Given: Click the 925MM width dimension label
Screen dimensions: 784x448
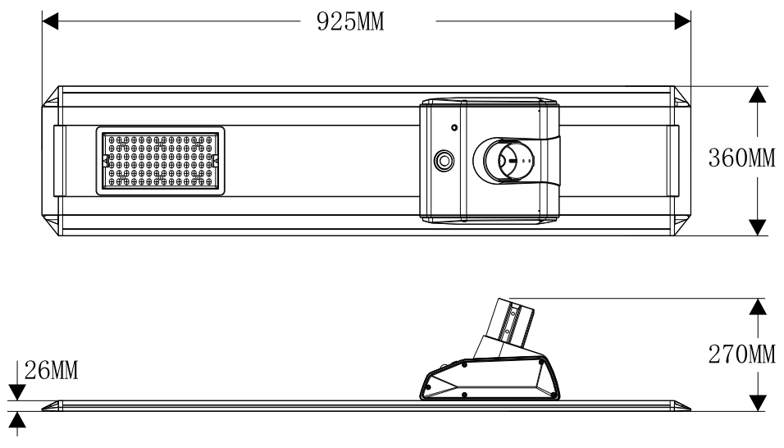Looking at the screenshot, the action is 350,21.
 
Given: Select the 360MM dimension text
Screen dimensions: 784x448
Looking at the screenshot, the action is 742,158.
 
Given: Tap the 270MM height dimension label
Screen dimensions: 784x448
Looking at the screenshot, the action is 742,354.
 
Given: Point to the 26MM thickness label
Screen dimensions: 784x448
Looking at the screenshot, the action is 51,371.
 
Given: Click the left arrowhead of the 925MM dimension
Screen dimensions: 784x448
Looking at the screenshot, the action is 50,21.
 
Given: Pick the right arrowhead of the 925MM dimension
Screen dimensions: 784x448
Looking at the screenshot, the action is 682,21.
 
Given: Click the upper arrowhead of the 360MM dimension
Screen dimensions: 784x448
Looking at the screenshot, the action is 758,94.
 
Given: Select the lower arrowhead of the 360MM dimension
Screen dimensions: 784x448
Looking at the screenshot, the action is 758,227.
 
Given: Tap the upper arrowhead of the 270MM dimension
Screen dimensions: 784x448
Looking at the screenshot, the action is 758,307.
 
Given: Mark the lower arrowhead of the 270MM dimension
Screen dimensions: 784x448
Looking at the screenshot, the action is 758,403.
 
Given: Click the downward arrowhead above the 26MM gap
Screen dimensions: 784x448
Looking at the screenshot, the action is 17,392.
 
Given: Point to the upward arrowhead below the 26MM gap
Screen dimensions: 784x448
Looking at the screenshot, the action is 17,420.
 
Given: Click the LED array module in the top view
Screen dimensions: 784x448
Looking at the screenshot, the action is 160,161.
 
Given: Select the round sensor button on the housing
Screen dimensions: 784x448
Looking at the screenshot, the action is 444,161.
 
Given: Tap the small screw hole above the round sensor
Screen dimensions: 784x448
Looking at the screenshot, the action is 454,127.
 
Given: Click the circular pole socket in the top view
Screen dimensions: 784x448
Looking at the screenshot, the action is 509,161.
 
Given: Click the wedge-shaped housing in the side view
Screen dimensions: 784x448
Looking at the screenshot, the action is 490,378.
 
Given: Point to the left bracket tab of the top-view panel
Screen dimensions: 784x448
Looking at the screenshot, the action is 59,161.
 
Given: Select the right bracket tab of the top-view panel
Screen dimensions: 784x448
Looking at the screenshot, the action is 673,161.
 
